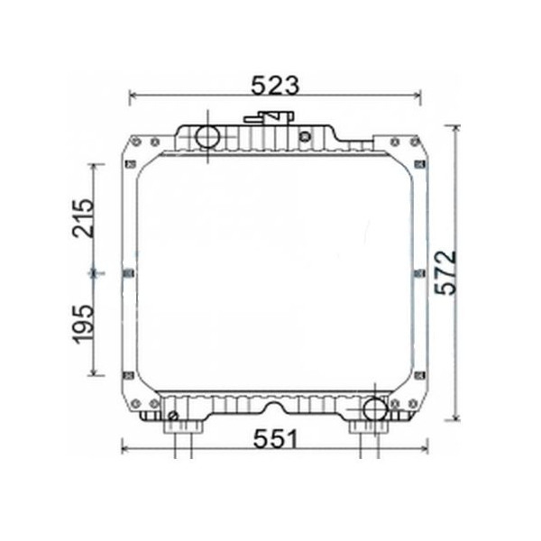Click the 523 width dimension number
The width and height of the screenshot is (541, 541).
point(275,84)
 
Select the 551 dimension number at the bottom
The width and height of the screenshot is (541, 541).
point(274,439)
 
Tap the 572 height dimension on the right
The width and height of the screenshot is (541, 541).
point(445,272)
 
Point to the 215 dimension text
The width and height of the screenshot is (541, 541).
point(82,217)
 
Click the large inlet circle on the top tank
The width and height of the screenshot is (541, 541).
point(208,138)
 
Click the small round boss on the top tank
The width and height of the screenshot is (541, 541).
point(305,137)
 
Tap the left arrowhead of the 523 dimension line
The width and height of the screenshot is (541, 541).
point(133,95)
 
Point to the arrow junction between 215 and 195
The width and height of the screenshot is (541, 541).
point(95,270)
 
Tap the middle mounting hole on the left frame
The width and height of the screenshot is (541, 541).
point(127,272)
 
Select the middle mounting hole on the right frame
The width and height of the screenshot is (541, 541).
point(421,272)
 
